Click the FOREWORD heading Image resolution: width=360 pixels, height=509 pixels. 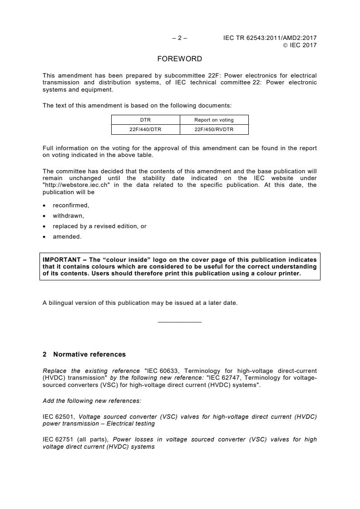click(x=179, y=59)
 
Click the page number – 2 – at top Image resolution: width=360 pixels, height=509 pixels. click(x=179, y=38)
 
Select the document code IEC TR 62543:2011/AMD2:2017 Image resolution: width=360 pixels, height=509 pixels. click(x=270, y=38)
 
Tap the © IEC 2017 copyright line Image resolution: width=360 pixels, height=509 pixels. click(x=300, y=45)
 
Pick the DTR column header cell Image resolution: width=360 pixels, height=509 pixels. click(x=146, y=120)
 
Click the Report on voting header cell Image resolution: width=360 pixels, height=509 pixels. click(x=214, y=120)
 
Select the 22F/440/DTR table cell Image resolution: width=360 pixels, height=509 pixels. click(x=146, y=129)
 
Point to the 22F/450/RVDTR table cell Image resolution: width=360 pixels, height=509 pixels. click(x=214, y=129)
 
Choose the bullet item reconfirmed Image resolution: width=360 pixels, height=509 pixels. click(x=71, y=206)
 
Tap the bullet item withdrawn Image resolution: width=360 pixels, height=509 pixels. click(x=68, y=216)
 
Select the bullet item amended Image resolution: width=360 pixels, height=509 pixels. click(x=67, y=236)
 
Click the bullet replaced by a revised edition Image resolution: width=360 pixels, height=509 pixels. click(x=99, y=226)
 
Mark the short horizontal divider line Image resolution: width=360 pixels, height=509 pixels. click(x=179, y=323)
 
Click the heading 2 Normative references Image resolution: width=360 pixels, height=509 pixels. click(x=84, y=354)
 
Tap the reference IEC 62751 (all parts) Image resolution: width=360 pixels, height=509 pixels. click(x=75, y=440)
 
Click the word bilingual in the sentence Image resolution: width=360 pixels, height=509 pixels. click(x=60, y=303)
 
